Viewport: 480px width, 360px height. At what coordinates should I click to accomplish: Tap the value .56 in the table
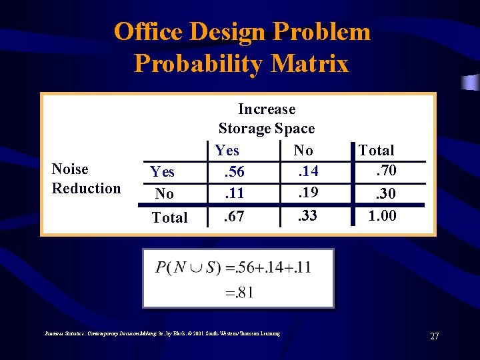click(x=233, y=172)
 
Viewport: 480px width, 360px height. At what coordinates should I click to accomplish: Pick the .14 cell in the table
click(x=307, y=172)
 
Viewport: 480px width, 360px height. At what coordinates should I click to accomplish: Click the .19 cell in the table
click(x=307, y=194)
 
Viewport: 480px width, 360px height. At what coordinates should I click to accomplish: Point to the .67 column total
click(x=233, y=216)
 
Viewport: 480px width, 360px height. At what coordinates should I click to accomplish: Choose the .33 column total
click(x=307, y=216)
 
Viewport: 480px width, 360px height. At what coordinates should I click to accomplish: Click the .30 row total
click(x=385, y=194)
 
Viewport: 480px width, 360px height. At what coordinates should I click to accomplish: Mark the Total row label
click(x=169, y=217)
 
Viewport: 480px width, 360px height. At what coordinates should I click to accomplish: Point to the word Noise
click(x=70, y=169)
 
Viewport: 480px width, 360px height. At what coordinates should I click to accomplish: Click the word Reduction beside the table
click(x=87, y=188)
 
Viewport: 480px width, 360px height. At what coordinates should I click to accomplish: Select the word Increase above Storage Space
click(x=267, y=109)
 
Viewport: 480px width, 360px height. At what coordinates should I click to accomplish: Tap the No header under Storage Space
click(x=303, y=151)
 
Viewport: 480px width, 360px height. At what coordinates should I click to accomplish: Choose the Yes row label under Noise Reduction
click(x=162, y=172)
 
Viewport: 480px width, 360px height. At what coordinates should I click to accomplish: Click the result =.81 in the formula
click(x=239, y=291)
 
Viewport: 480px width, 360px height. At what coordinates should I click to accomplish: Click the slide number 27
click(x=434, y=336)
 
